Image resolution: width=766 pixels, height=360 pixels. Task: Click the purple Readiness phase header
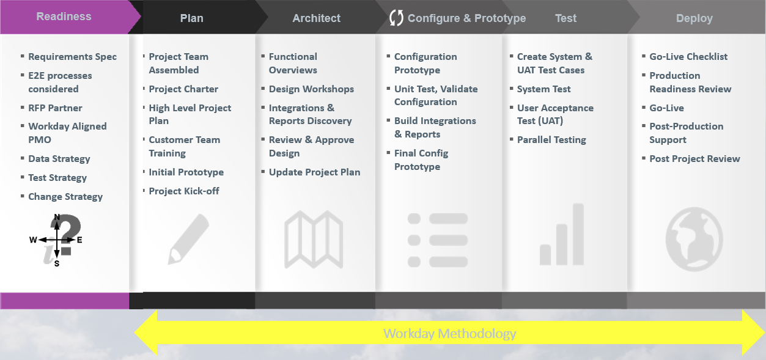[x=64, y=17]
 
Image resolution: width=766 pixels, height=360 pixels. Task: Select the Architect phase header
[x=316, y=18]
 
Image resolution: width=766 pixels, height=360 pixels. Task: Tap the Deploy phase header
[x=694, y=18]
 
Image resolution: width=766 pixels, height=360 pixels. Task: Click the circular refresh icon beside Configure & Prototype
[x=396, y=18]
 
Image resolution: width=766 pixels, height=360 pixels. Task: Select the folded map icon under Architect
[x=314, y=240]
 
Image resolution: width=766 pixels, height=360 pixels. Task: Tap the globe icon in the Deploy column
[x=694, y=240]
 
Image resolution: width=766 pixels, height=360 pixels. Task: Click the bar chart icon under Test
[x=562, y=235]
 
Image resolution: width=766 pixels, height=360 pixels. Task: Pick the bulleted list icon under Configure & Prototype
[x=437, y=240]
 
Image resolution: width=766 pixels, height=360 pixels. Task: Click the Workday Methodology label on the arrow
[x=449, y=334]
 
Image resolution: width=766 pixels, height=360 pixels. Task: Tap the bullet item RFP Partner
[x=55, y=108]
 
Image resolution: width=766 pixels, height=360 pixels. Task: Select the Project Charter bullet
[x=183, y=89]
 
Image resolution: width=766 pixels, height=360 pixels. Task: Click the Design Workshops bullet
[x=311, y=89]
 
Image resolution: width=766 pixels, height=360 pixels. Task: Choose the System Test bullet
[x=543, y=89]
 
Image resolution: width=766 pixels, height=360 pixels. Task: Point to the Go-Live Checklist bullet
[x=688, y=56]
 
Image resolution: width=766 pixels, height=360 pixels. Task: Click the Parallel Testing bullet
[x=551, y=139]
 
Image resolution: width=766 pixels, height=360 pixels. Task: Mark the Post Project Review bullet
[x=694, y=158]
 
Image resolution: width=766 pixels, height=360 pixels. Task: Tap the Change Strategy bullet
[x=65, y=196]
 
